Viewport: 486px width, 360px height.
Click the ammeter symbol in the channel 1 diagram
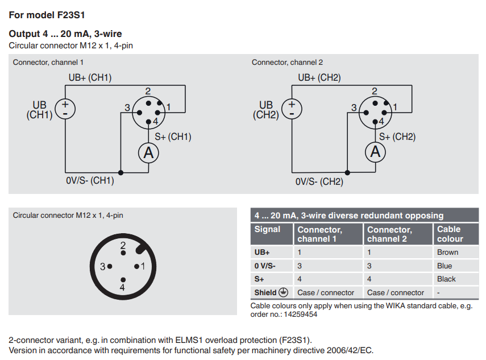click(148, 153)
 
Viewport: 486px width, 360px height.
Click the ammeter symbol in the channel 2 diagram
click(375, 152)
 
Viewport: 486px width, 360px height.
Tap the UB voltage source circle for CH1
click(65, 109)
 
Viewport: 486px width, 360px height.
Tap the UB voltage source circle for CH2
click(292, 109)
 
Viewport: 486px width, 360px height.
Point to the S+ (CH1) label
click(173, 136)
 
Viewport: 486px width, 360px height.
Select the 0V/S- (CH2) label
click(319, 181)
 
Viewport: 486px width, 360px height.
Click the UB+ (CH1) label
click(90, 77)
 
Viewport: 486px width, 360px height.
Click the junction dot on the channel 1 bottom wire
click(121, 173)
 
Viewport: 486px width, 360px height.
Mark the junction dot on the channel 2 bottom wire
click(347, 173)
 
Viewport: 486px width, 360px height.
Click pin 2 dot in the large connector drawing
click(123, 253)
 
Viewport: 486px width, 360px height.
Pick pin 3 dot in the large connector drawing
click(110, 266)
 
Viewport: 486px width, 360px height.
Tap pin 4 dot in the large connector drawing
click(123, 280)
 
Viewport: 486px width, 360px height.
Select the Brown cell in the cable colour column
click(447, 253)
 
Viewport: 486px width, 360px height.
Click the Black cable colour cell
click(446, 279)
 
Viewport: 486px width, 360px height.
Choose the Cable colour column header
click(450, 234)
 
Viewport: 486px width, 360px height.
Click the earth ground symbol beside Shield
click(283, 292)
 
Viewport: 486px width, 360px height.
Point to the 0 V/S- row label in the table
click(265, 266)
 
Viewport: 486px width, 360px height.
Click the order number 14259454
click(301, 315)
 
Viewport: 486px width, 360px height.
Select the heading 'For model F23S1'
click(47, 15)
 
